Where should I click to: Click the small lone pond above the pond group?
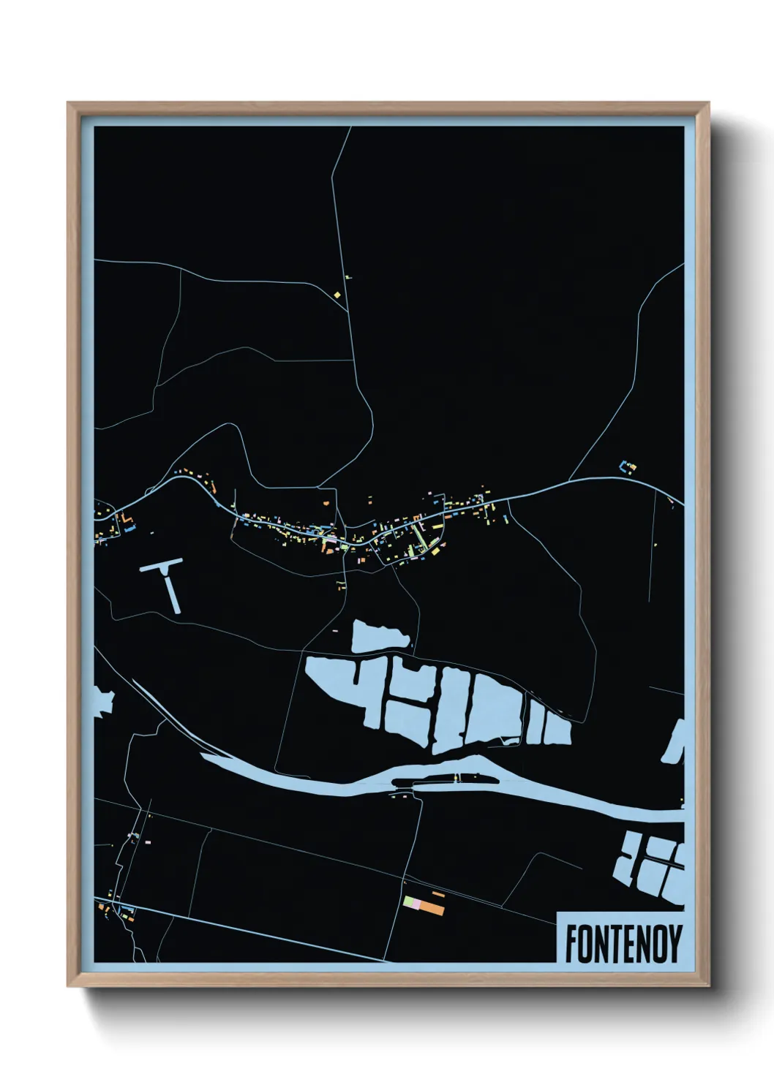pyautogui.click(x=379, y=636)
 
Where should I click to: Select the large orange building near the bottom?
pyautogui.click(x=432, y=909)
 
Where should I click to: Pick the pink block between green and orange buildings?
pyautogui.click(x=416, y=905)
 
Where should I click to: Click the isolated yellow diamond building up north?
pyautogui.click(x=337, y=295)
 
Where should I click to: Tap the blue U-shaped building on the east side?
pyautogui.click(x=626, y=466)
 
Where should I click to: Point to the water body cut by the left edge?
pyautogui.click(x=103, y=700)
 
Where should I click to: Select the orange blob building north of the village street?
pyautogui.click(x=326, y=502)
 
